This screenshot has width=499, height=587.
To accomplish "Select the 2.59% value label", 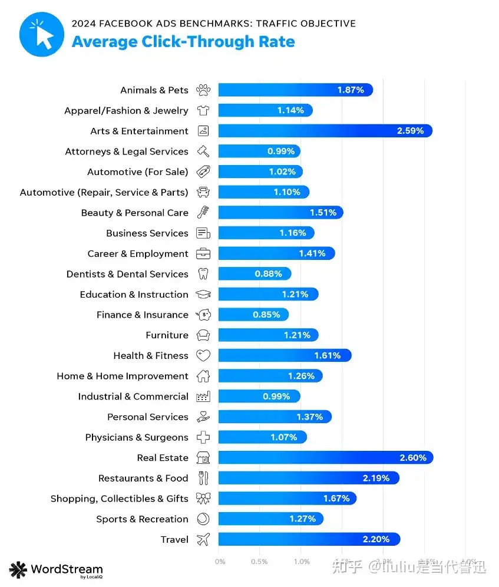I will tap(410, 131).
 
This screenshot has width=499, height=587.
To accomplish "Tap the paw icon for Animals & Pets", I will tap(203, 90).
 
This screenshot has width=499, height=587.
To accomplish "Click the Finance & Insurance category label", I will tap(143, 315).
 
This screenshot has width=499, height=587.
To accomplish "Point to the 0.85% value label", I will tap(266, 315).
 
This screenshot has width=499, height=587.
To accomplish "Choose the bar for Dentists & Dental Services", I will tap(255, 274).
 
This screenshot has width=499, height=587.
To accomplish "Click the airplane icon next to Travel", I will tap(203, 539).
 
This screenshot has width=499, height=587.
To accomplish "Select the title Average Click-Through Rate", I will tap(183, 42).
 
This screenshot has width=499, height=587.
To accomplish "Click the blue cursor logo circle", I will tap(41, 34).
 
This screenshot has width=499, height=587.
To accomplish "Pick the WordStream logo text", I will tap(66, 569).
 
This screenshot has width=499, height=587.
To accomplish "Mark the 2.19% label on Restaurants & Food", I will tap(376, 478).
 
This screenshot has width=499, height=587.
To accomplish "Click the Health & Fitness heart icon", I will tap(203, 355).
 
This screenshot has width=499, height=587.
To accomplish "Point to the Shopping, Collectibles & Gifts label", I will tap(120, 499).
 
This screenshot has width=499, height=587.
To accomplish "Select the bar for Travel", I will tap(309, 539).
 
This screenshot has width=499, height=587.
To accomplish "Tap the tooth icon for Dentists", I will tap(203, 274).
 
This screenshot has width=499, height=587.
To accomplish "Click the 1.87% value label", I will tap(351, 90).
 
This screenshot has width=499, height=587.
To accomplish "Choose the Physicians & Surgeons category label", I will tap(137, 437).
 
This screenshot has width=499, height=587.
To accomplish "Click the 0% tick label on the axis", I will tap(220, 562).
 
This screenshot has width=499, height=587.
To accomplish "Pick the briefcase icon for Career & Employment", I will tap(203, 253).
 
